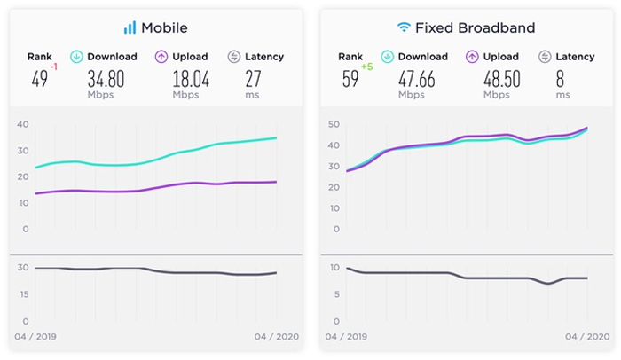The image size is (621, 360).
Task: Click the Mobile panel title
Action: click(x=162, y=27)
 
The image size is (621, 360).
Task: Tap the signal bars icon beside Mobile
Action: click(x=130, y=27)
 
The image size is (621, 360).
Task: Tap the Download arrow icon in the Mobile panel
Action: click(x=76, y=57)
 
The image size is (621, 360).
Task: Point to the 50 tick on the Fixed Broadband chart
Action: click(x=334, y=124)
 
